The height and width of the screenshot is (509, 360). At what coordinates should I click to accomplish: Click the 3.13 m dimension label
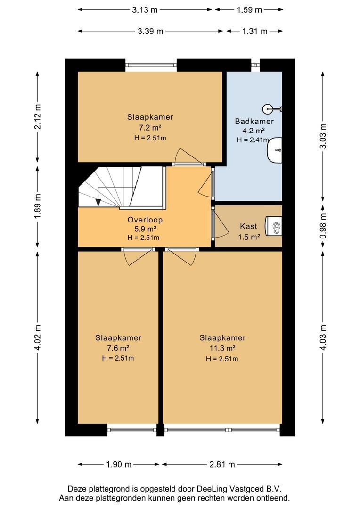coord(145,10)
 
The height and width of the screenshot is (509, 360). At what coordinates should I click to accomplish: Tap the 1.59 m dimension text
coord(249,10)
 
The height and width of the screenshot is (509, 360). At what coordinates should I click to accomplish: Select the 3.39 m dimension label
coord(150,31)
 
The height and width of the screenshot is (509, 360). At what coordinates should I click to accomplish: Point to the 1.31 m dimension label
coord(254,31)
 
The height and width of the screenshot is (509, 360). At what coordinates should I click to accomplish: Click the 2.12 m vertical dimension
coord(38,116)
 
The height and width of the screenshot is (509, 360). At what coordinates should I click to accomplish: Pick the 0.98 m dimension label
coord(323,226)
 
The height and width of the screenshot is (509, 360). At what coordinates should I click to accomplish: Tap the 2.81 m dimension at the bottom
coord(222,464)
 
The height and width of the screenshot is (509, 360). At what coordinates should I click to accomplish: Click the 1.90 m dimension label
coord(118,464)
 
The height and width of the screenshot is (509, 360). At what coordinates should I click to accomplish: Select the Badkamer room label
coord(254,122)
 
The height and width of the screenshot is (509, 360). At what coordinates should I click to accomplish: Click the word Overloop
coord(145,220)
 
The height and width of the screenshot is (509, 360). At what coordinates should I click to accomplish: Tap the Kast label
coord(248,226)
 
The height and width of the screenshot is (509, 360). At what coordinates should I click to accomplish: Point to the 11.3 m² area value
coord(222,348)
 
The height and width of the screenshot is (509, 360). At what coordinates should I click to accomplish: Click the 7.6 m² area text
coord(118,348)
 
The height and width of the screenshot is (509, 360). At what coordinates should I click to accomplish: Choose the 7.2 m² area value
coord(150,127)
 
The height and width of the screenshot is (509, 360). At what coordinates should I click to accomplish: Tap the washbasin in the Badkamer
coord(275,150)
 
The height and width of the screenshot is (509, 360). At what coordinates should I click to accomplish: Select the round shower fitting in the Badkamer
coord(268,108)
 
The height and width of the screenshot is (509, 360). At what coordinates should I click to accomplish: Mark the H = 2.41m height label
coord(253,140)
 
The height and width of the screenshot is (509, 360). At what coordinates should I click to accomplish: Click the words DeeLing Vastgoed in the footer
coord(235,489)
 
